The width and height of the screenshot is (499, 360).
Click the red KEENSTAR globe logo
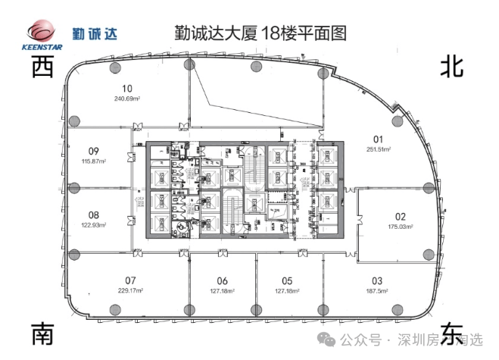click(x=42, y=31)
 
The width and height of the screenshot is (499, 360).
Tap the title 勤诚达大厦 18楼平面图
click(x=249, y=33)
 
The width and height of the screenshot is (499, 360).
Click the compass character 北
click(x=452, y=67)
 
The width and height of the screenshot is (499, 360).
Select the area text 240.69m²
click(x=128, y=99)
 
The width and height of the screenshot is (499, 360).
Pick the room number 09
click(x=94, y=150)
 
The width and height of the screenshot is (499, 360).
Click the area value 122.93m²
click(x=94, y=225)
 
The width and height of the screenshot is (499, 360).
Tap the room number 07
click(x=130, y=280)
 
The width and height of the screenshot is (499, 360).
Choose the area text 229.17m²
click(x=130, y=290)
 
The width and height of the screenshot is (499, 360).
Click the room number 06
click(x=222, y=280)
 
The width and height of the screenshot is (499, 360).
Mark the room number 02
click(x=401, y=216)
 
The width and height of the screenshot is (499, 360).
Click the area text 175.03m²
click(x=401, y=226)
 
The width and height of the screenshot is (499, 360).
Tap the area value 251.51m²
click(x=377, y=149)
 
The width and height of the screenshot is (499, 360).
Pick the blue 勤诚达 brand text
click(x=95, y=33)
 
